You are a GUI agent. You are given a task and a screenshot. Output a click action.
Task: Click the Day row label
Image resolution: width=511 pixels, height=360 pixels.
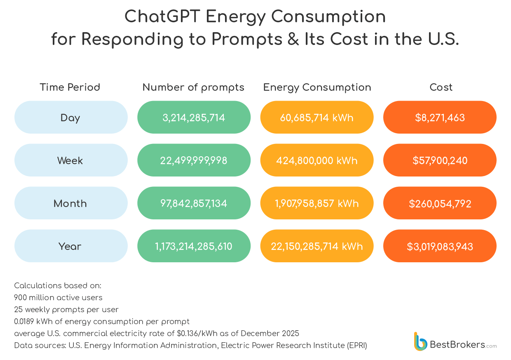[70, 118]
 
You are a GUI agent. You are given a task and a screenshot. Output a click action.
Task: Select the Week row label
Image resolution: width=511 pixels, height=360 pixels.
[70, 160]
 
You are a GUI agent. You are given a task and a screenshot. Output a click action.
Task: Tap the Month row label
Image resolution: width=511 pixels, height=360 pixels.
[70, 203]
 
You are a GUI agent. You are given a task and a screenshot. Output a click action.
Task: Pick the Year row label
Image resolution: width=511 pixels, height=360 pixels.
[70, 246]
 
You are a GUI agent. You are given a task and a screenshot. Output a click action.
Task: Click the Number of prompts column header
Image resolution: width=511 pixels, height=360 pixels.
[193, 87]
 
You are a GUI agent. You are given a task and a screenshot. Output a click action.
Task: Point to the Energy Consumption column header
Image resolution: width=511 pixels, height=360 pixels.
[317, 87]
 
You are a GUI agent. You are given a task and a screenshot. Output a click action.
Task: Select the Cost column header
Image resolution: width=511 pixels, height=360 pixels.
[441, 87]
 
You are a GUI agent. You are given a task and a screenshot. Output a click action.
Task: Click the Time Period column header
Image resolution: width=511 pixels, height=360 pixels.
[70, 87]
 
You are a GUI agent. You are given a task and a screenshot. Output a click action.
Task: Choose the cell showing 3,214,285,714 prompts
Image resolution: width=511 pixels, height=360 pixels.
[194, 118]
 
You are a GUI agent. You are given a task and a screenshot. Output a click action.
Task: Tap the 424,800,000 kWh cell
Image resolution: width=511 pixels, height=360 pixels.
[317, 160]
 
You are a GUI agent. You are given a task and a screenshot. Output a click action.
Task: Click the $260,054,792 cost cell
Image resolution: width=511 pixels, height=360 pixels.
[440, 203]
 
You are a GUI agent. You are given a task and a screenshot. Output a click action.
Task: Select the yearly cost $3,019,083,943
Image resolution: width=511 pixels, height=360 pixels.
[440, 246]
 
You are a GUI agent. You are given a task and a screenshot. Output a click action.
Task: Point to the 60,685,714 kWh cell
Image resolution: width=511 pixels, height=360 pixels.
[317, 118]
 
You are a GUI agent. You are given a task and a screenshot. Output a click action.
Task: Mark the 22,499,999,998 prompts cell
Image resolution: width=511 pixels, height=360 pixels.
[194, 160]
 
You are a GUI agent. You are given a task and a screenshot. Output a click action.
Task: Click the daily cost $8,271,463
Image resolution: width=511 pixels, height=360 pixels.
[440, 118]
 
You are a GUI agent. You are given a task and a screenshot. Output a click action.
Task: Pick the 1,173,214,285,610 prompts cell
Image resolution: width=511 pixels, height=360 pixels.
[194, 246]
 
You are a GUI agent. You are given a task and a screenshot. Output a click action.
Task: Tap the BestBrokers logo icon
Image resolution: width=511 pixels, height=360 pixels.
[420, 341]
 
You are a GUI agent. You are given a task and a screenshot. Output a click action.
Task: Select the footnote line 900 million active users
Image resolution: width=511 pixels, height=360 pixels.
[58, 297]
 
